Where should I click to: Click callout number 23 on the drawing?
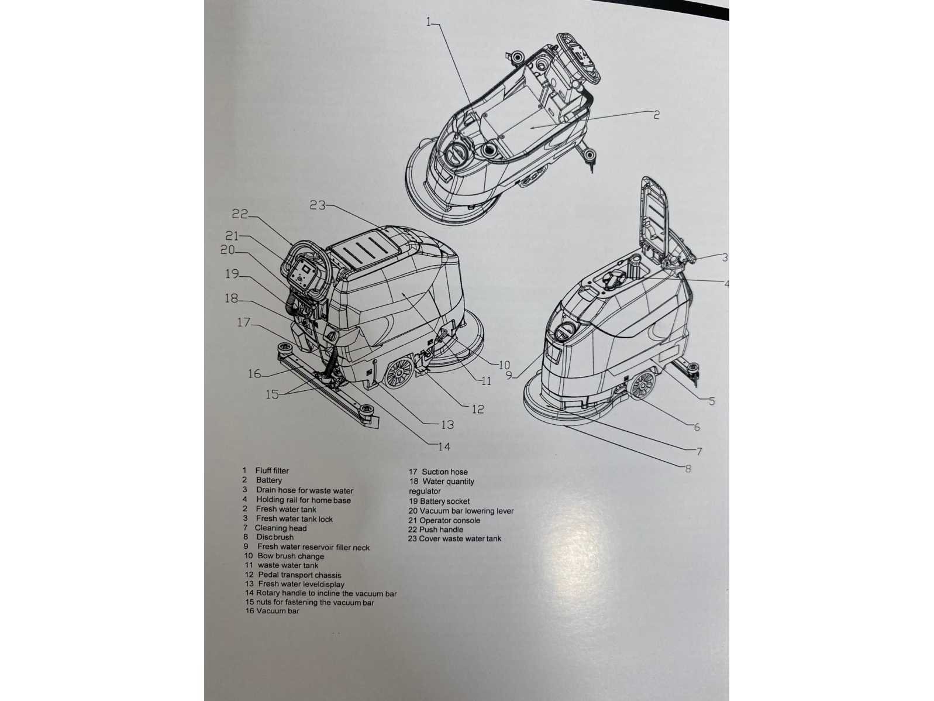tap(318, 205)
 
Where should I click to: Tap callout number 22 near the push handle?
tap(240, 215)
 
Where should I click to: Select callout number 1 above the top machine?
tap(429, 22)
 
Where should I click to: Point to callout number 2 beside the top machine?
tap(656, 115)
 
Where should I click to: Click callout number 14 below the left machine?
tap(444, 446)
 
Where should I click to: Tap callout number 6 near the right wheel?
tap(696, 427)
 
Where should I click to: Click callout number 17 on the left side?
tap(243, 322)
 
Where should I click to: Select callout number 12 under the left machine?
tap(478, 409)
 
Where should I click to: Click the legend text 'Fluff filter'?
tap(272, 470)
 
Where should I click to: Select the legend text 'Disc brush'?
tap(275, 537)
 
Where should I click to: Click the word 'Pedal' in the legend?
tap(268, 575)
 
